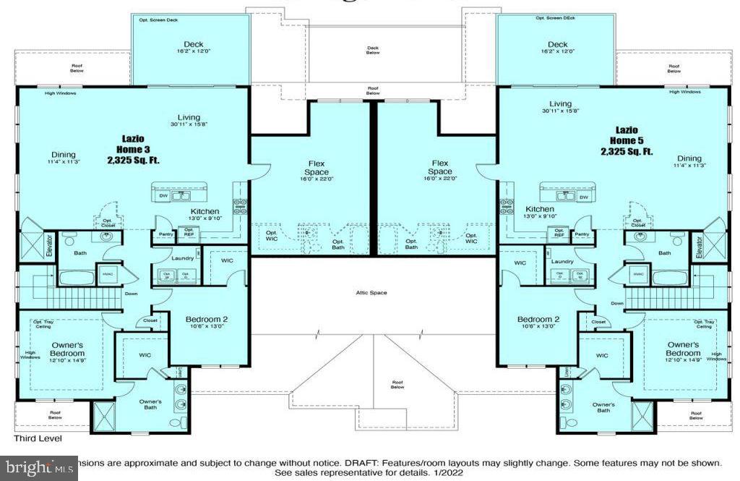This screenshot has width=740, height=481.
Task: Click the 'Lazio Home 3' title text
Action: point(132,143)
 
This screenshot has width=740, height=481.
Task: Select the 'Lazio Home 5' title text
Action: point(626,143)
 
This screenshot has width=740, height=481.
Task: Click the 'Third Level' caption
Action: point(38,438)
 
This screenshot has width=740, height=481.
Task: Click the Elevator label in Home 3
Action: point(50,245)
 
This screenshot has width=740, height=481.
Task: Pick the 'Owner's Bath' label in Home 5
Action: point(603,407)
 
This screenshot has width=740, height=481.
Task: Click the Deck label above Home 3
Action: point(194,45)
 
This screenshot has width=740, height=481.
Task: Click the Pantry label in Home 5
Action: point(582,234)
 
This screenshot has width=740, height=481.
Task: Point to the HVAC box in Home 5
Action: point(638,274)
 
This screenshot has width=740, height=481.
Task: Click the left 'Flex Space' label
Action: point(316,167)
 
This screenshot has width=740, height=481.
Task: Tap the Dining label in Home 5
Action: point(689,158)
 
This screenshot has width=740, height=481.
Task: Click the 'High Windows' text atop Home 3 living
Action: point(60,93)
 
